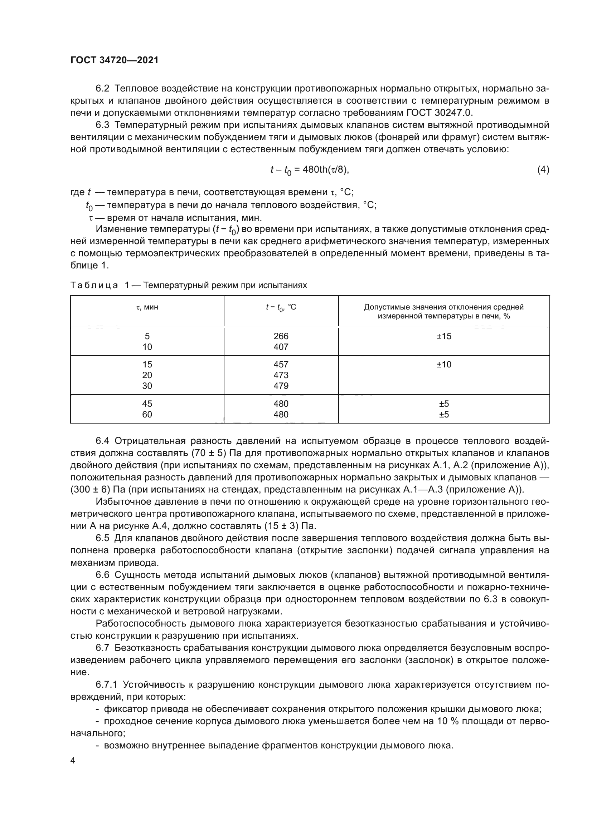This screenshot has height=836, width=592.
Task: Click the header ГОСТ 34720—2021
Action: coord(115,60)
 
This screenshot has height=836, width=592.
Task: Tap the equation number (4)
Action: coord(543,170)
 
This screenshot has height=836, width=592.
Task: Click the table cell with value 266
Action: coord(281,336)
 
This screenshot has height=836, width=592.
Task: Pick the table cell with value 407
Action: coord(281,347)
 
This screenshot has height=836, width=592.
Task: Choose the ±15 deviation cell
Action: coord(443,336)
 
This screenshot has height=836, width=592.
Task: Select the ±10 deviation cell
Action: coord(443,365)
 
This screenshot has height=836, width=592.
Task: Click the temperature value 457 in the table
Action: coord(281,365)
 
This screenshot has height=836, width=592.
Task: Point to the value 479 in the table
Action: coord(281,386)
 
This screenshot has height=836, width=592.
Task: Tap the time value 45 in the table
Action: coord(147,404)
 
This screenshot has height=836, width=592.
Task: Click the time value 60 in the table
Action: coord(147,414)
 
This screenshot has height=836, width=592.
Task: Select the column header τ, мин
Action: coord(147,307)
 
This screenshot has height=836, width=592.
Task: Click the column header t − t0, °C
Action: coord(281,308)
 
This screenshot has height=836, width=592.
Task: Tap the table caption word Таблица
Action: coord(94,285)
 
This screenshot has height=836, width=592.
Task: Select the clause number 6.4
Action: coord(102,441)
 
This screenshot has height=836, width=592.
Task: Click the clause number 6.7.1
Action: coord(106,684)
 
